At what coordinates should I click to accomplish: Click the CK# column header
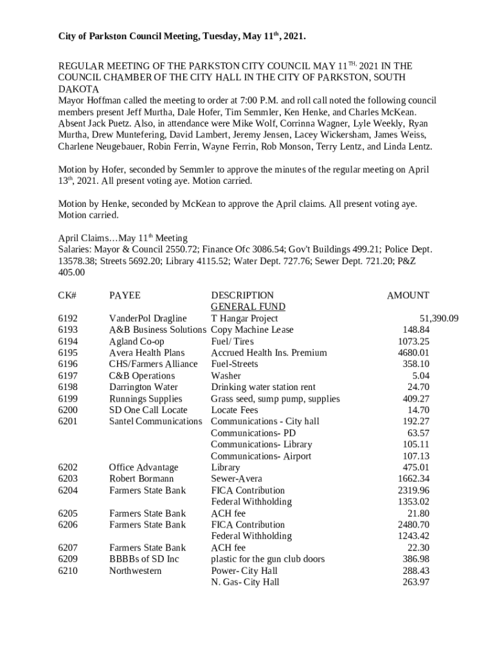pyautogui.click(x=67, y=296)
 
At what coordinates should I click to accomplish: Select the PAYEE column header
pyautogui.click(x=125, y=296)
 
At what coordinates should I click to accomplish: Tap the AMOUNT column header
pyautogui.click(x=408, y=296)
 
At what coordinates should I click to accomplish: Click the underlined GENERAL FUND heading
pyautogui.click(x=248, y=307)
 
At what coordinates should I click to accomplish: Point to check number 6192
pyautogui.click(x=67, y=319)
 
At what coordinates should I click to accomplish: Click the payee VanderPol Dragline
pyautogui.click(x=148, y=319)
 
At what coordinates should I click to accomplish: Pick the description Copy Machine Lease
pyautogui.click(x=252, y=330)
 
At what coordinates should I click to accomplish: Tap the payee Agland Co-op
pyautogui.click(x=136, y=342)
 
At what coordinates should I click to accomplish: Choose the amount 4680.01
pyautogui.click(x=413, y=353)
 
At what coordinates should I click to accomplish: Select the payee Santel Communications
pyautogui.click(x=156, y=422)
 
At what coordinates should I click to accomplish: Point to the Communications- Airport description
pyautogui.click(x=261, y=456)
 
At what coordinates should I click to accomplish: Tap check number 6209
pyautogui.click(x=67, y=559)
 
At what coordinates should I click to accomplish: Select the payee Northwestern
pyautogui.click(x=136, y=571)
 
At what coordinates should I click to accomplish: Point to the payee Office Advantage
pyautogui.click(x=143, y=468)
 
